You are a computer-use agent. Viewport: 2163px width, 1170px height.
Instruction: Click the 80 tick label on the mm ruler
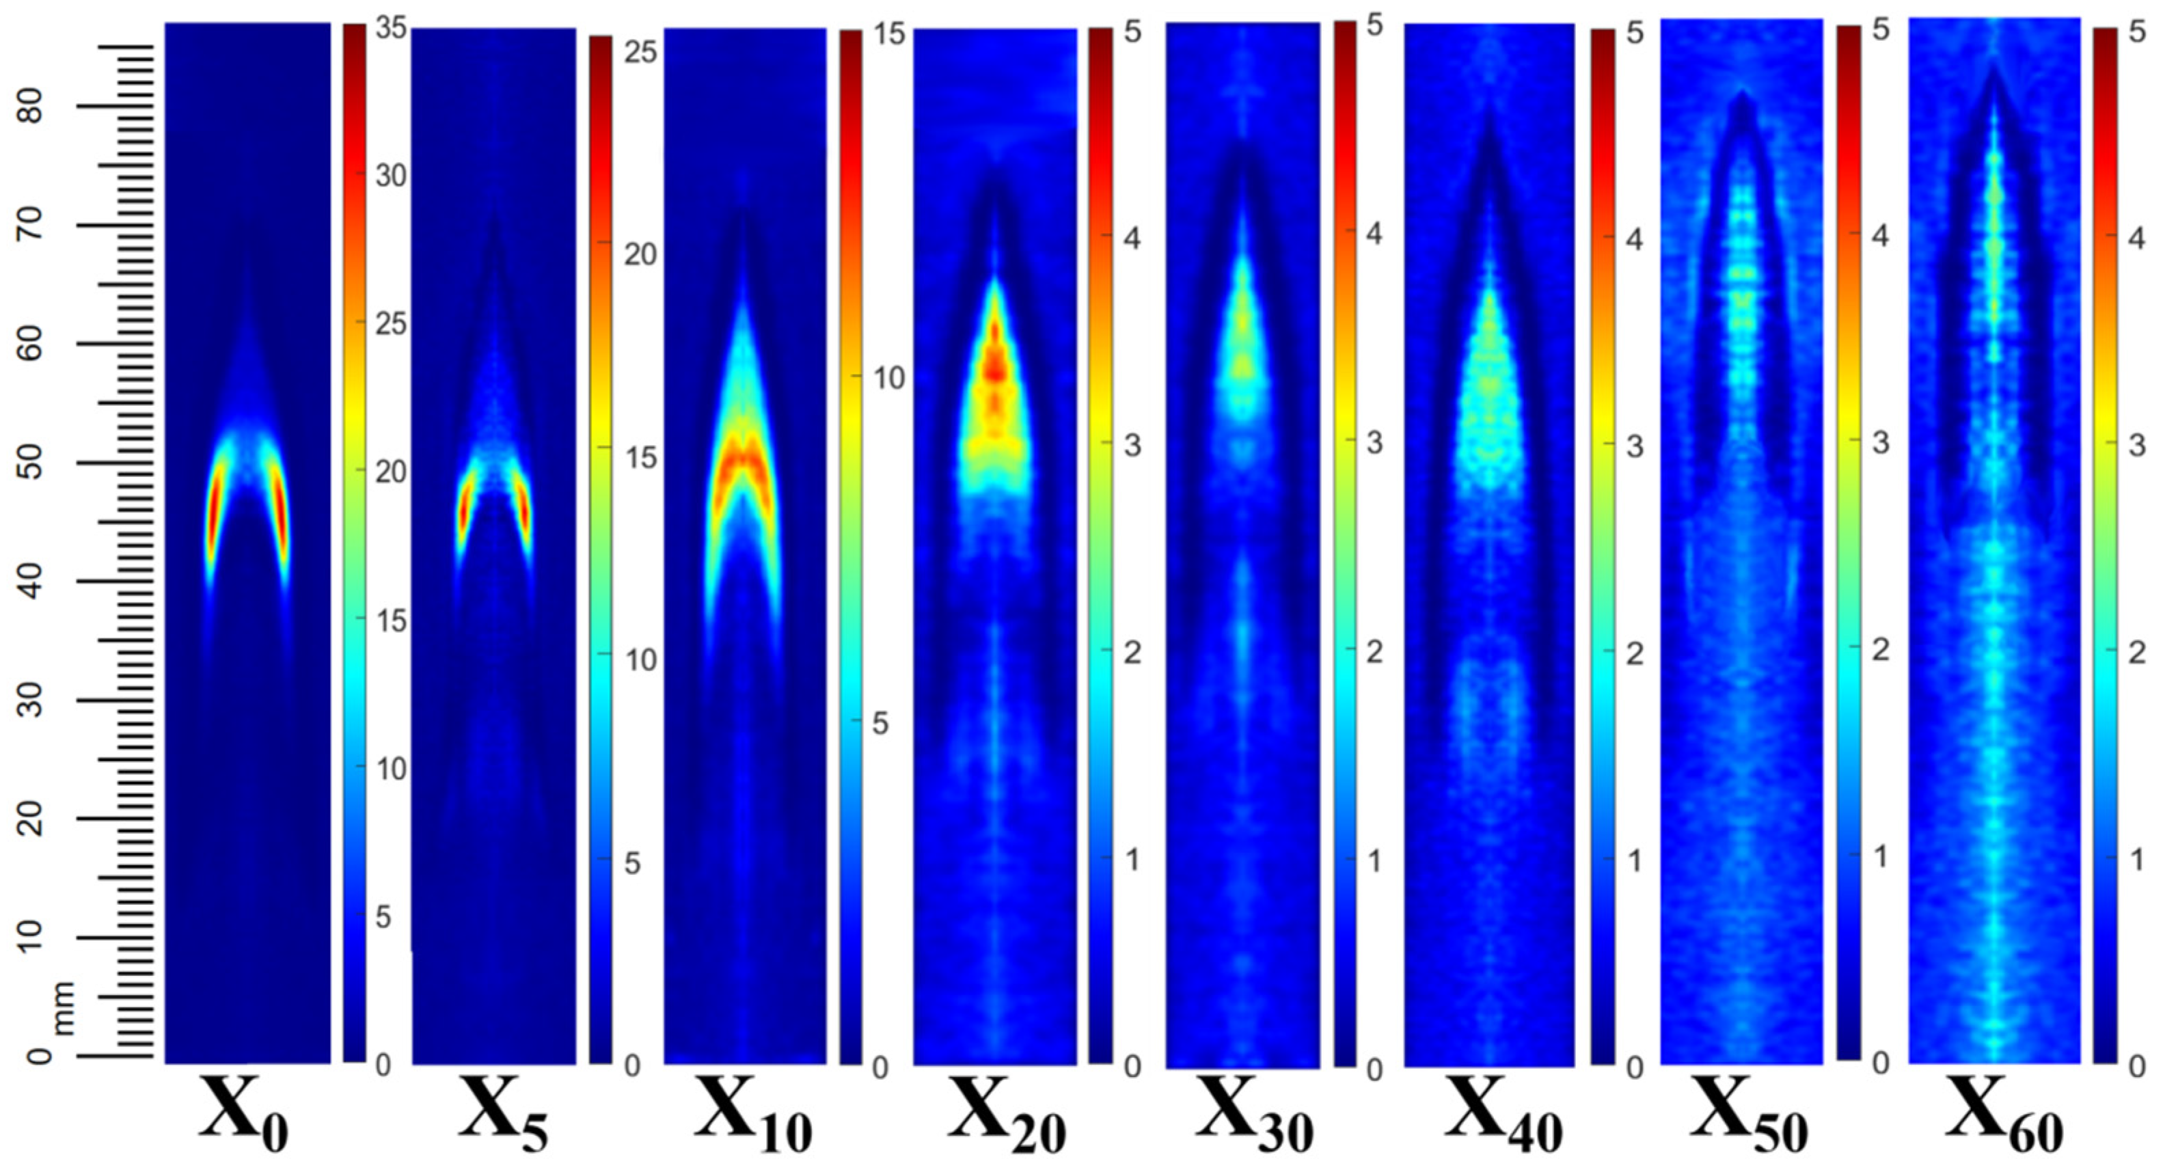[x=33, y=106]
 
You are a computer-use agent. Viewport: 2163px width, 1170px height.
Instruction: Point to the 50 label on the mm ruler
[x=33, y=463]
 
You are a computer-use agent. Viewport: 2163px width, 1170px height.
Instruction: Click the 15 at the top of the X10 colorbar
[x=888, y=33]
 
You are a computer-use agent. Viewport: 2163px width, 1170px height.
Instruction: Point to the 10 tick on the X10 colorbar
[x=888, y=379]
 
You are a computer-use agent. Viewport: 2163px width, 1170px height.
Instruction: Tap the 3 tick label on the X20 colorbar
[x=1132, y=445]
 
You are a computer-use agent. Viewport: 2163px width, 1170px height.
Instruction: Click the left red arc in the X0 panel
[x=213, y=513]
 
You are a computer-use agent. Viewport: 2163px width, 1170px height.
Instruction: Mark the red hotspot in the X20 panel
[x=996, y=366]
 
